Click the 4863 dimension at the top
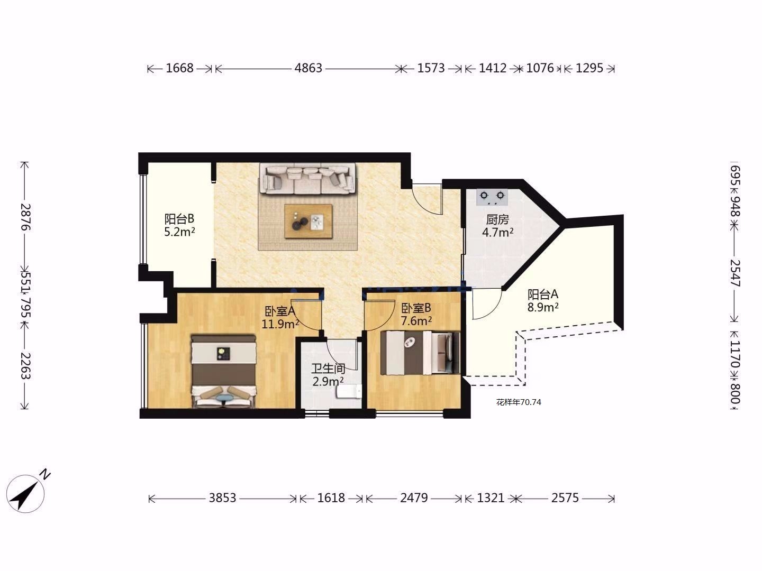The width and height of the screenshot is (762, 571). [309, 68]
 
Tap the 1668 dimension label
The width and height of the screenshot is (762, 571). [179, 68]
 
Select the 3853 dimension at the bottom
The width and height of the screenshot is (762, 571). [223, 498]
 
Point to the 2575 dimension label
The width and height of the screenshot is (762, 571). [565, 498]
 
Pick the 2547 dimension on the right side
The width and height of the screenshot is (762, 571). [736, 273]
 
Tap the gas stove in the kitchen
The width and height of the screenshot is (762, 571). [492, 197]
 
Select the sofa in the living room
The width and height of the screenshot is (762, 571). [308, 178]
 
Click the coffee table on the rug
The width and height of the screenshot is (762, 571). [309, 221]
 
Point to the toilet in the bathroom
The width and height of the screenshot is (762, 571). [349, 392]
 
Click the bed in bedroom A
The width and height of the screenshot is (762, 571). [223, 371]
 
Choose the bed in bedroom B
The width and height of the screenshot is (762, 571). [420, 353]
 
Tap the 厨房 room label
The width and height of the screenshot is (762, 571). [497, 219]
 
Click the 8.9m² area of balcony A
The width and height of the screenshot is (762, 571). [543, 307]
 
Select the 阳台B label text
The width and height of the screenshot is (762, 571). [179, 219]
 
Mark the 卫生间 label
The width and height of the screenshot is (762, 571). [328, 368]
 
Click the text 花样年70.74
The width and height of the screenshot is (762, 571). [519, 402]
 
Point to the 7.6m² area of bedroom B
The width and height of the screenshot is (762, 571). [416, 321]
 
